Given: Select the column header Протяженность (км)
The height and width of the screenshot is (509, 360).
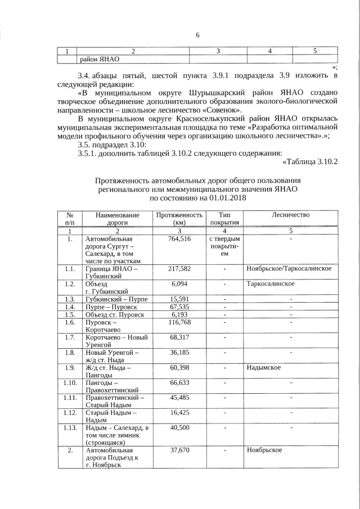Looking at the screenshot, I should coord(179,219).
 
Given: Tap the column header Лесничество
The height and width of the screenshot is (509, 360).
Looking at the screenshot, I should coord(290,215).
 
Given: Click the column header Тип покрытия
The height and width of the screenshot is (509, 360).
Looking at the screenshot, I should coord(224,219).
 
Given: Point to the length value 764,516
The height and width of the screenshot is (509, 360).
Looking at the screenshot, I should coord(179,239).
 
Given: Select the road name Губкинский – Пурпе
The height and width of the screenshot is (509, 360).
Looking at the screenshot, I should coord(116,299).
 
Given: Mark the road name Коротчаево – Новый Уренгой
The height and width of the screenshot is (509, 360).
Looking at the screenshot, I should coord(116,341).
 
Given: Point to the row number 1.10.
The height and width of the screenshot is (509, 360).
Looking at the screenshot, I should coord(70,382).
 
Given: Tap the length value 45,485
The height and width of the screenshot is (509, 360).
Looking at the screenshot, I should coord(179,397).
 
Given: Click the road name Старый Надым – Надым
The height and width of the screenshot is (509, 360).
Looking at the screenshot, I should coord(109,416).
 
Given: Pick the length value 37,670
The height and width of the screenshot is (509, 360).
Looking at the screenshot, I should coord(179,451).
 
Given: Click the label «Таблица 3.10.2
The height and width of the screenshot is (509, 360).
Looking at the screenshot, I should coord(309,162).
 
